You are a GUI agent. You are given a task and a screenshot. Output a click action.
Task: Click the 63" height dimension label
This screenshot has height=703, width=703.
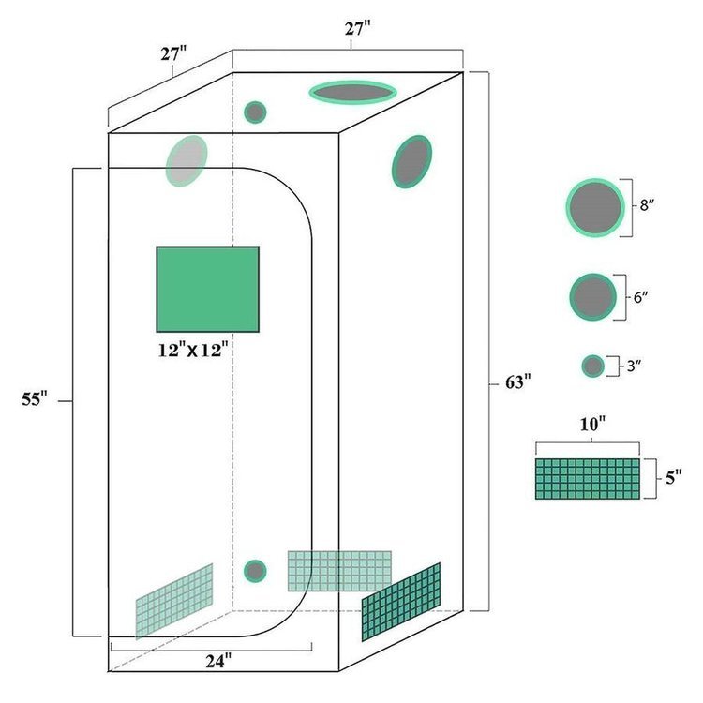517,382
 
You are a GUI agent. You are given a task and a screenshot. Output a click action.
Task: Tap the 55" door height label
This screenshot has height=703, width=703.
35,398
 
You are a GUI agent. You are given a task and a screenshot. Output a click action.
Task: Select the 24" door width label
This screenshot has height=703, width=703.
218,661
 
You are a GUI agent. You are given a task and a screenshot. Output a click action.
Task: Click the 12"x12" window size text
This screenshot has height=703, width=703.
193,351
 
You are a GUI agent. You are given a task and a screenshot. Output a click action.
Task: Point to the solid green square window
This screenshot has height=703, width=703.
207,290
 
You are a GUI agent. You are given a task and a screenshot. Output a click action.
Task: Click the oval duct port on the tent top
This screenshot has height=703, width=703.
352,93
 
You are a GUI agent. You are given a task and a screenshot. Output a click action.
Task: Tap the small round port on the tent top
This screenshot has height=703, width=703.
255,112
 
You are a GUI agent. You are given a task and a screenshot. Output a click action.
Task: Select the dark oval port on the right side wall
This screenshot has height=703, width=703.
412,162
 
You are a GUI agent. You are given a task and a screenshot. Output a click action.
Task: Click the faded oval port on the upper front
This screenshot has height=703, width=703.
187,161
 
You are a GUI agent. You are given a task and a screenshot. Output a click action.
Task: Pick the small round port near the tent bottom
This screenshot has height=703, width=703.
255,571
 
